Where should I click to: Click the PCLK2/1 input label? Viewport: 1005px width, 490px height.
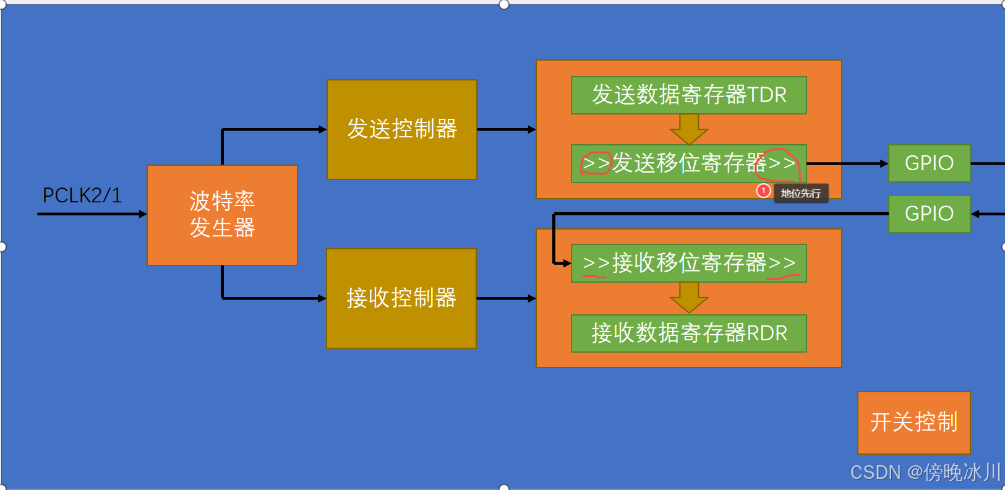point(82,196)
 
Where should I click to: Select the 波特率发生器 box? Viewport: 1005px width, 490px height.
point(222,215)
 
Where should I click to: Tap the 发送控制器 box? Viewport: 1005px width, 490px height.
point(401,129)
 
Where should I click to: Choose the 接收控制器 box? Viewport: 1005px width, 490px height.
point(401,298)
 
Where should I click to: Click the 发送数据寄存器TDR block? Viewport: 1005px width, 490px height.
point(688,95)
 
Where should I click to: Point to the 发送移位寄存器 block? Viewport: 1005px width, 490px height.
point(688,163)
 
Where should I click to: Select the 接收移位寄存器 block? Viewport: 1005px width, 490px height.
point(688,263)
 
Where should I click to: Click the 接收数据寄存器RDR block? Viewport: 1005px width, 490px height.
point(688,333)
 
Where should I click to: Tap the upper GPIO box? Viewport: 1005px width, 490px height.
point(929,163)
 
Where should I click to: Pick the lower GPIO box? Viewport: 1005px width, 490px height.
point(929,213)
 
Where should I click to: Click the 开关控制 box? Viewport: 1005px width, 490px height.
point(913,422)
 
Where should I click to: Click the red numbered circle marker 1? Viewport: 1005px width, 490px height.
point(764,191)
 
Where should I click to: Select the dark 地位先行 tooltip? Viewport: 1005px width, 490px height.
point(801,194)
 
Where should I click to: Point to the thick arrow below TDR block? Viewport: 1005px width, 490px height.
point(688,129)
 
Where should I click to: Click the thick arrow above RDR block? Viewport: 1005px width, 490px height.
point(688,298)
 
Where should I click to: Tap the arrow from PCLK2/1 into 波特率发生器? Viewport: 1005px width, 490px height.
point(93,214)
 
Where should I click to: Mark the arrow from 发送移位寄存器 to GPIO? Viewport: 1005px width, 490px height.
point(847,164)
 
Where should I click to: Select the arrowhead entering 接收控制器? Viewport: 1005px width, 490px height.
point(322,298)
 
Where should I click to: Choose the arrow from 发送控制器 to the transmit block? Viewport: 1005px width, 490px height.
point(506,129)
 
